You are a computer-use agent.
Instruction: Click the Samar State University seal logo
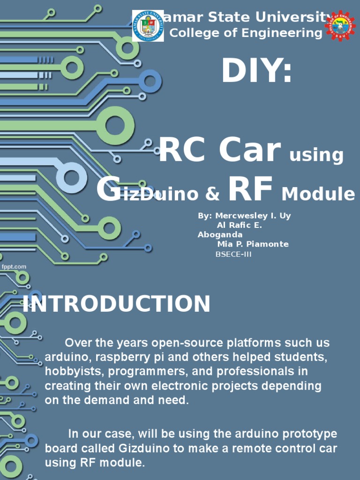(148, 26)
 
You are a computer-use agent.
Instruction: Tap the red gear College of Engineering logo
(340, 26)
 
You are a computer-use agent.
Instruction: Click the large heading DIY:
(257, 72)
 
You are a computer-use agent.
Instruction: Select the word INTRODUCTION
(117, 304)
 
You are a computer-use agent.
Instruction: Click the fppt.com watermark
(14, 267)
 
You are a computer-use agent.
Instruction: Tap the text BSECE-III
(233, 255)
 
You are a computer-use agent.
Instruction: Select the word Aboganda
(220, 234)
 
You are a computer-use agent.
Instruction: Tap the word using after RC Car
(316, 155)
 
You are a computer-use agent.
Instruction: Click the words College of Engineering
(245, 33)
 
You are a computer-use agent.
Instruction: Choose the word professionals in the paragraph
(266, 372)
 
